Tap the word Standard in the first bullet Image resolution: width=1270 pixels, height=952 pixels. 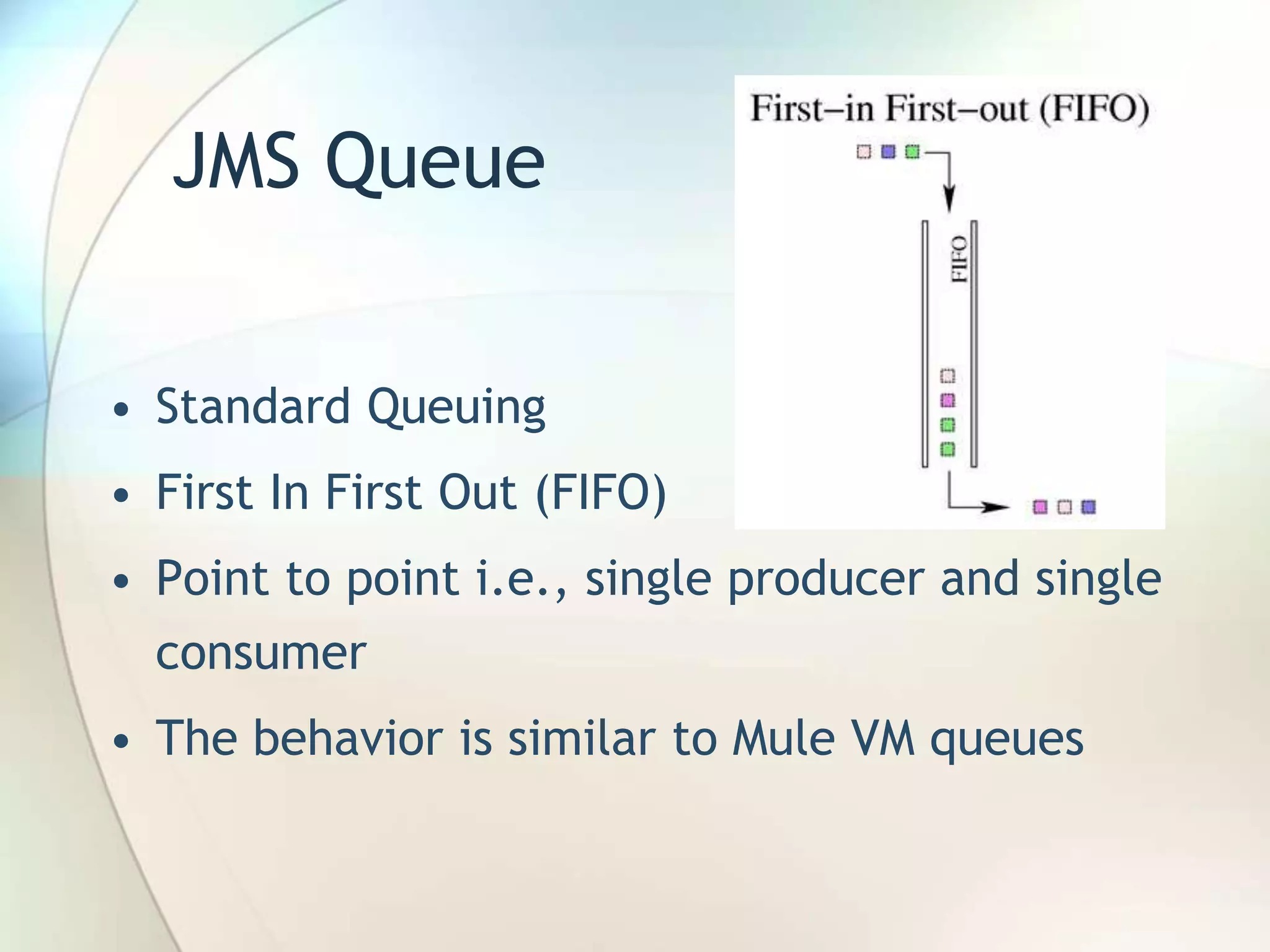pyautogui.click(x=253, y=407)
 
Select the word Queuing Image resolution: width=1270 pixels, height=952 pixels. pyautogui.click(x=456, y=409)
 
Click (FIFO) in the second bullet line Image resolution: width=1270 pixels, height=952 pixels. pyautogui.click(x=600, y=492)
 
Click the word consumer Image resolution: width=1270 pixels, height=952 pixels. pyautogui.click(x=261, y=653)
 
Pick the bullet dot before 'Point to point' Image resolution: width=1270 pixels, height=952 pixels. pyautogui.click(x=122, y=581)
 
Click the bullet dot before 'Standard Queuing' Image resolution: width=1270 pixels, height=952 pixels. pyautogui.click(x=122, y=410)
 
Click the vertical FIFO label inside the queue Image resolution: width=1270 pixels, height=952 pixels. pyautogui.click(x=959, y=259)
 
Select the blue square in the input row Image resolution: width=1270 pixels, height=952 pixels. pyautogui.click(x=888, y=152)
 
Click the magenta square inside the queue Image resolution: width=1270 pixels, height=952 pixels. pyautogui.click(x=948, y=400)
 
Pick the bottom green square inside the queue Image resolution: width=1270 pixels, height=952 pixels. pyautogui.click(x=948, y=449)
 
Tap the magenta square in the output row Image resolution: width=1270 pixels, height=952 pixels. pyautogui.click(x=1040, y=507)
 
